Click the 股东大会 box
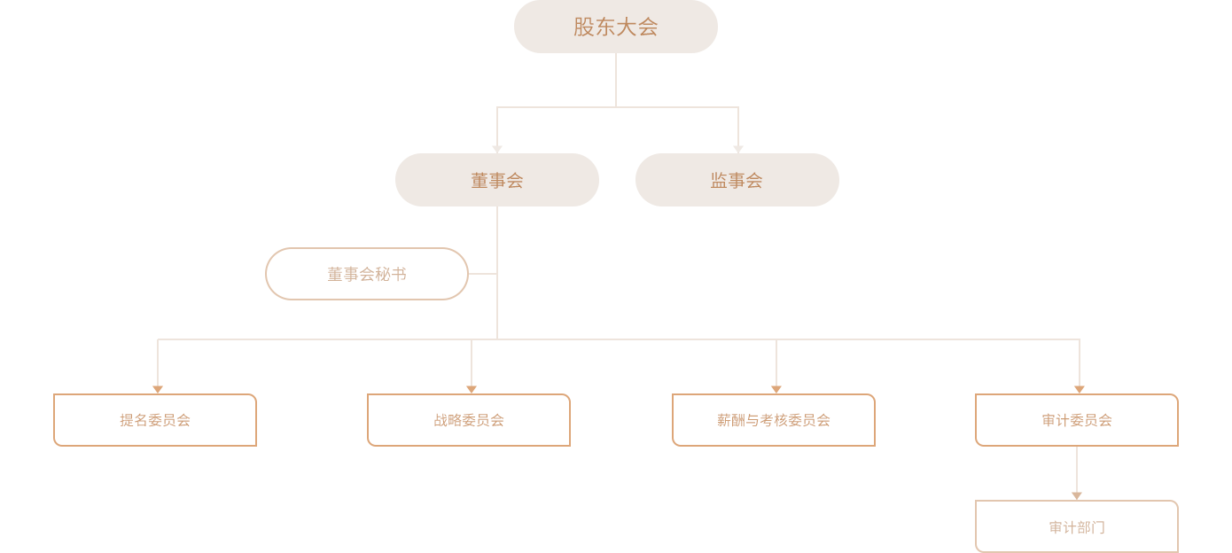[615, 27]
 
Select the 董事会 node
[496, 180]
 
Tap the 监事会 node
[737, 180]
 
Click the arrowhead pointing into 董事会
[497, 150]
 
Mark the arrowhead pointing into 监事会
[738, 150]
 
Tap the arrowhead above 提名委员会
[158, 389]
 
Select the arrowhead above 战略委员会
[472, 389]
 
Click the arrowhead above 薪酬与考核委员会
[776, 389]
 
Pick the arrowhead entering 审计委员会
[1079, 389]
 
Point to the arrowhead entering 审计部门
[1077, 495]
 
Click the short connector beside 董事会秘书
[482, 274]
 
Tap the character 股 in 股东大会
[583, 27]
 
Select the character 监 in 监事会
[719, 180]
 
